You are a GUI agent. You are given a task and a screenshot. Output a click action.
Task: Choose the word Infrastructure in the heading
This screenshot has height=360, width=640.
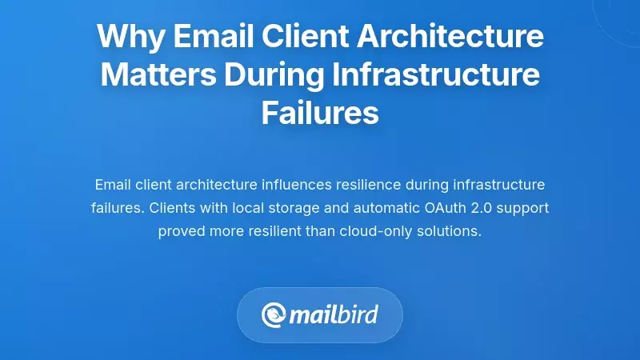pos(437,76)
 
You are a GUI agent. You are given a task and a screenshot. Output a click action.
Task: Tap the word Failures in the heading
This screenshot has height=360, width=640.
pos(320,114)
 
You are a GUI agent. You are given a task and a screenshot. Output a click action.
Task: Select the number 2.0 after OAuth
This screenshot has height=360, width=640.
pos(483,208)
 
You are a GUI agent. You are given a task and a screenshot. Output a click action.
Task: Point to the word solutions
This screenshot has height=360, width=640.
pos(448,231)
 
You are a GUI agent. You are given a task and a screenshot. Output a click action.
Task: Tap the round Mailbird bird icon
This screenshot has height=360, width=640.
pos(274,314)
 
